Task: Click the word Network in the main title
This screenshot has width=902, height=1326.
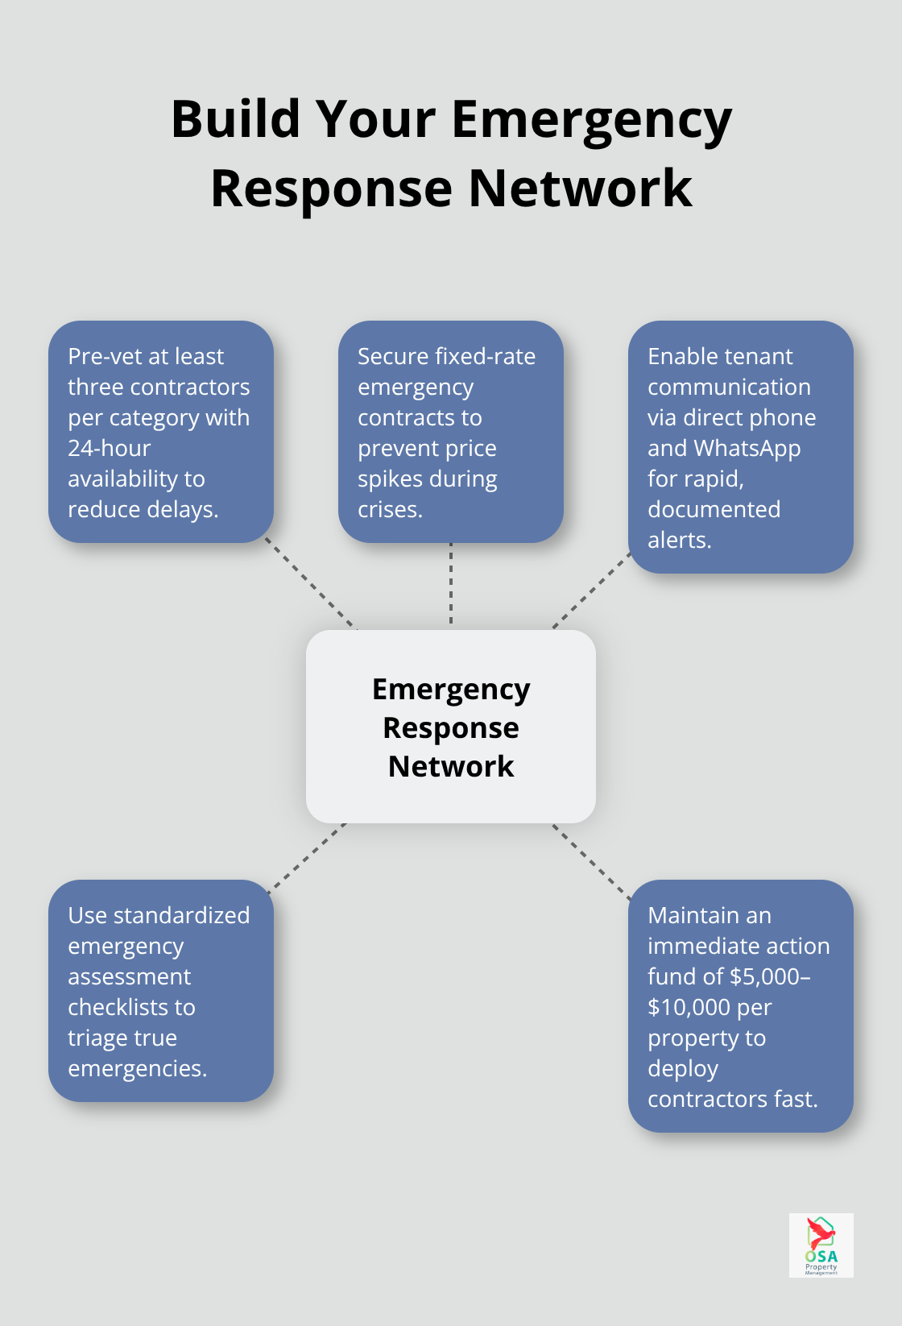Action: point(580,189)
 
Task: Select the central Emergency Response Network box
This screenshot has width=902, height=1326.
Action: point(451,727)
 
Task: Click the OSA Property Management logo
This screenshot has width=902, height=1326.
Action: point(821,1245)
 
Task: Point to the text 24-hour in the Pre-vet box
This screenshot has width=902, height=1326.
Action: point(110,449)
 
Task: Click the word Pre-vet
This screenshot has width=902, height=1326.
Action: point(101,357)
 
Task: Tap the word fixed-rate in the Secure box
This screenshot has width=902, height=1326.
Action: point(485,357)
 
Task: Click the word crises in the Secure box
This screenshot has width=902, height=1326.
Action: point(388,510)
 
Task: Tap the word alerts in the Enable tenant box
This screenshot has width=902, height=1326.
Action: point(678,541)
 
